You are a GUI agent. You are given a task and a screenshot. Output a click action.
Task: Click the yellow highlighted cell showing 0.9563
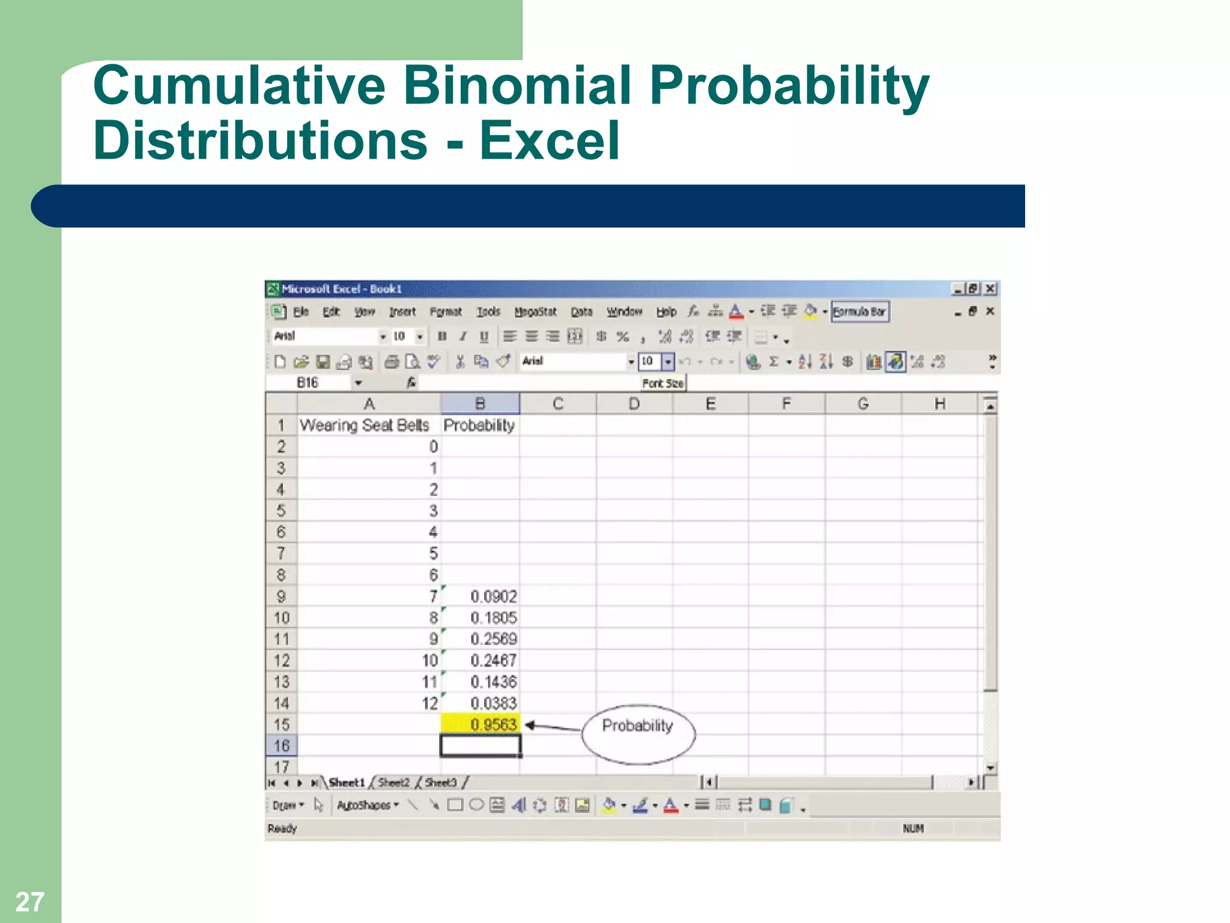pyautogui.click(x=480, y=724)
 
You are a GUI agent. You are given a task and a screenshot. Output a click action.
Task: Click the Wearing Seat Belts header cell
pyautogui.click(x=365, y=425)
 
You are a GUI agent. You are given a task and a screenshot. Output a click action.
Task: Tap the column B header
pyautogui.click(x=480, y=404)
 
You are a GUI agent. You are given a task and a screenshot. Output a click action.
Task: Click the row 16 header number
pyautogui.click(x=281, y=746)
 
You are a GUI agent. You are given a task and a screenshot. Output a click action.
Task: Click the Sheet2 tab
pyautogui.click(x=393, y=782)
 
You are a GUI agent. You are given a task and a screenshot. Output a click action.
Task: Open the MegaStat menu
pyautogui.click(x=535, y=312)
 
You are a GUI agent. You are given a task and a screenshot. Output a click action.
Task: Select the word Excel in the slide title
pyautogui.click(x=549, y=141)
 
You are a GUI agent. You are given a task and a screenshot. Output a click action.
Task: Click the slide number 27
pyautogui.click(x=29, y=901)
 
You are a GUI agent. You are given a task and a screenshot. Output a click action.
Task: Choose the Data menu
pyautogui.click(x=581, y=312)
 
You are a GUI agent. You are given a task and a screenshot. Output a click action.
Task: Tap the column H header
pyautogui.click(x=940, y=404)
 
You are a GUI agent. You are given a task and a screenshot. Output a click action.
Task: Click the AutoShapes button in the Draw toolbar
pyautogui.click(x=367, y=805)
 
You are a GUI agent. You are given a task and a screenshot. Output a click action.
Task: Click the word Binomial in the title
pyautogui.click(x=518, y=85)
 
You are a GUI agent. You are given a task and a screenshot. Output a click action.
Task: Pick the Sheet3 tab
pyautogui.click(x=441, y=782)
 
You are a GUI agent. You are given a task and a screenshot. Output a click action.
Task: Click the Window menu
pyautogui.click(x=624, y=312)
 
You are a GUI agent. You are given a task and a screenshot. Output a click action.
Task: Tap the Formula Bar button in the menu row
pyautogui.click(x=859, y=312)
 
